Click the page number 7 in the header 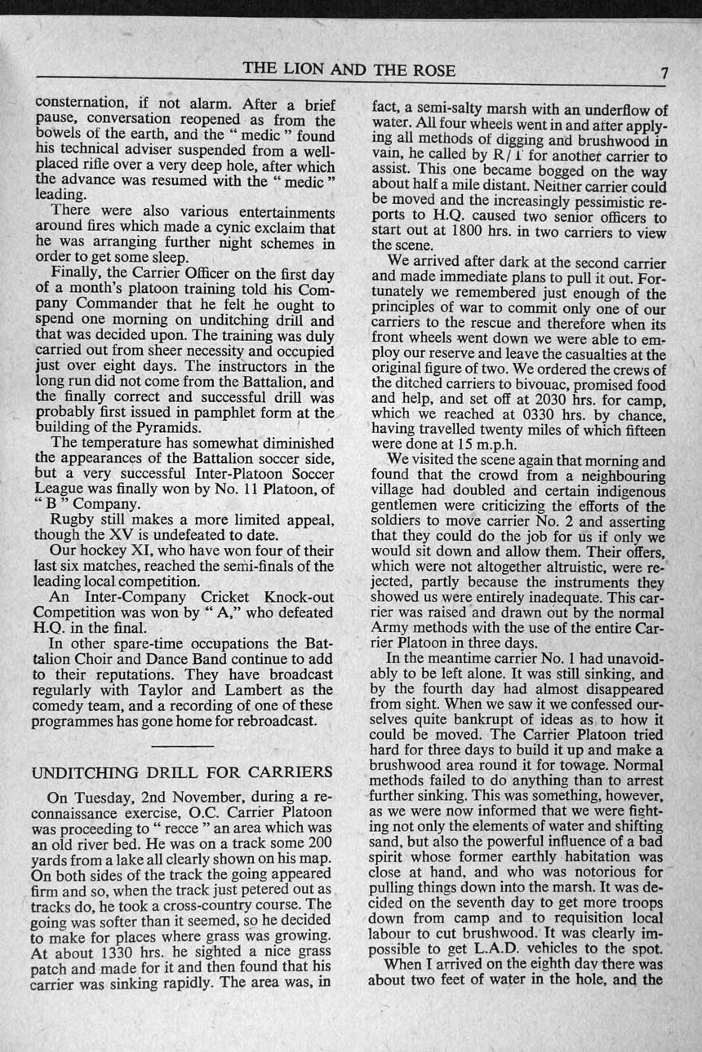(x=664, y=73)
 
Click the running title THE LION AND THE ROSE (x=349, y=69)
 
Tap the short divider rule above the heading (x=183, y=745)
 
